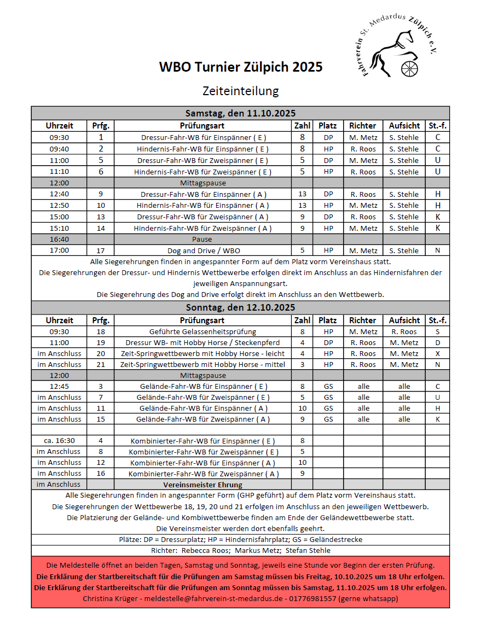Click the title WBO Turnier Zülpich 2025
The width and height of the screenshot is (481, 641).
click(241, 67)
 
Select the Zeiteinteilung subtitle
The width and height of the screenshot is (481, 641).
click(241, 90)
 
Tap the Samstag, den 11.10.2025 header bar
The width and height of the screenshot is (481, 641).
click(241, 113)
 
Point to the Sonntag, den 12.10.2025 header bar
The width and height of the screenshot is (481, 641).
click(241, 307)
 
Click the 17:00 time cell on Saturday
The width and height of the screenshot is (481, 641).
click(59, 250)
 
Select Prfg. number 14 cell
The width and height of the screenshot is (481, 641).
click(101, 228)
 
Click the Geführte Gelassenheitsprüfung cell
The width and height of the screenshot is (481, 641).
click(202, 331)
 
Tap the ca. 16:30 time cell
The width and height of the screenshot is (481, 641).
click(59, 440)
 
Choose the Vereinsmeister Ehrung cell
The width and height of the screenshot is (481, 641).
click(202, 485)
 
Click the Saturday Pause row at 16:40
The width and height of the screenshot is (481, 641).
click(202, 240)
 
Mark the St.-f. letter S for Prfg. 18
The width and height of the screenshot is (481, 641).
click(437, 331)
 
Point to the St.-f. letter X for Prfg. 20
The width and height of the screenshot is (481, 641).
click(437, 353)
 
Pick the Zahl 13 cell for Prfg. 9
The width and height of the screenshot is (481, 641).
click(302, 194)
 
